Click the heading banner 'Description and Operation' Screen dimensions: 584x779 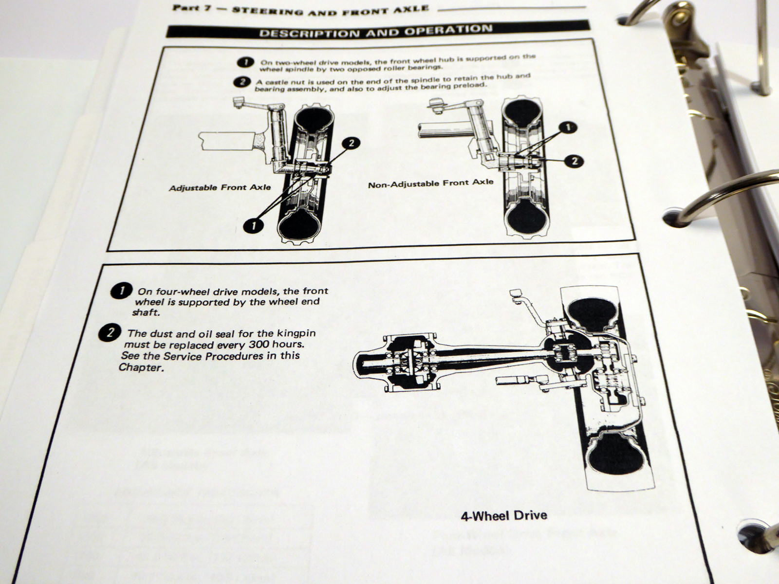[375, 32]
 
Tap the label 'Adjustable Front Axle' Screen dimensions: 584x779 [220, 187]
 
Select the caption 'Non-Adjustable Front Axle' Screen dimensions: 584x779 [430, 183]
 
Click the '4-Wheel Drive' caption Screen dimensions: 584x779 [504, 515]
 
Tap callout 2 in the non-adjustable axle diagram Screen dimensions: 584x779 [575, 161]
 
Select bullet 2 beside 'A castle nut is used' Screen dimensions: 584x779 [241, 81]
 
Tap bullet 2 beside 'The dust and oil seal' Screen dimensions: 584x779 [110, 333]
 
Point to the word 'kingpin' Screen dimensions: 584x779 [297, 333]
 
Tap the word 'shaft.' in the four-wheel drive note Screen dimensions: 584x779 [146, 313]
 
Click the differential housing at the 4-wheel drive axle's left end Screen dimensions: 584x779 [372, 363]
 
